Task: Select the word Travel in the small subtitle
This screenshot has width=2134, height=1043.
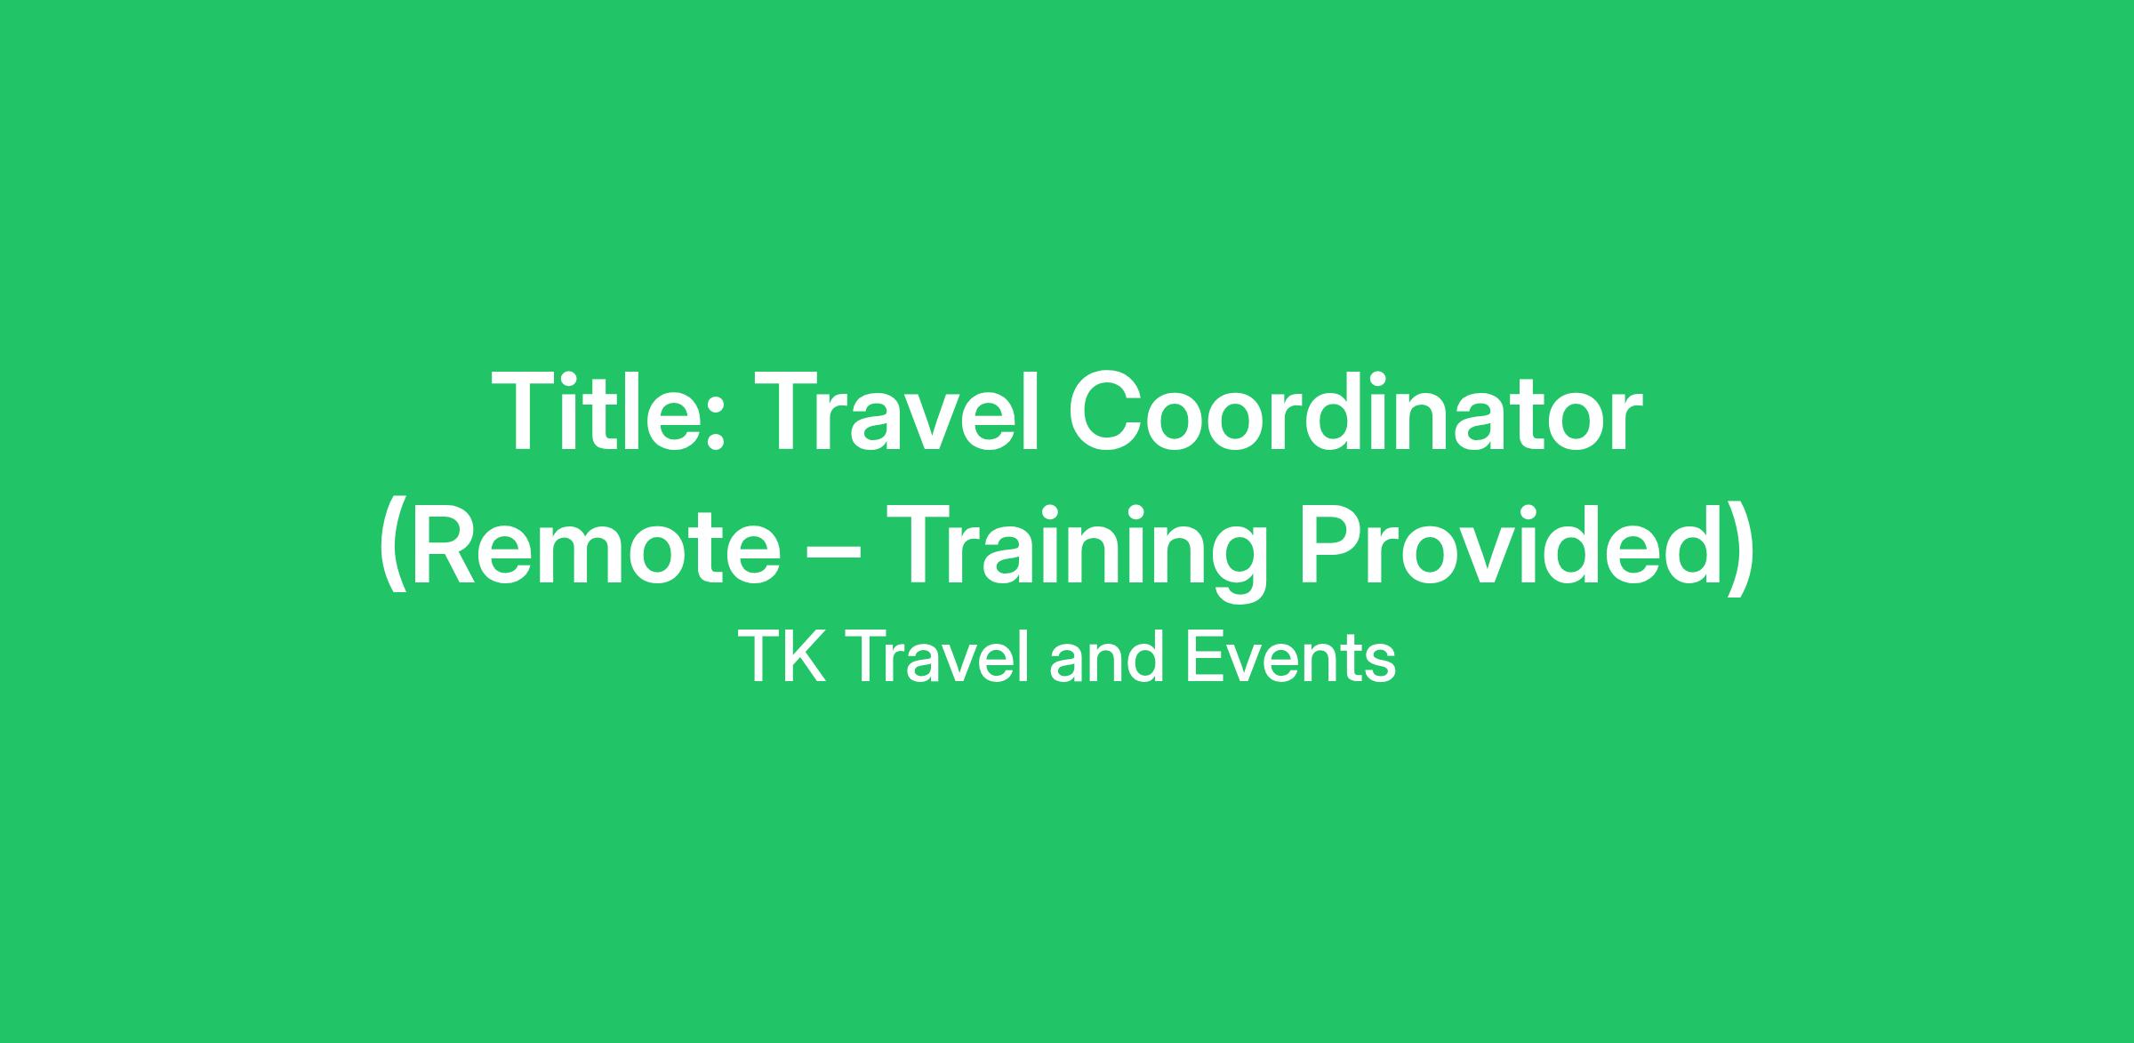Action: pos(941,658)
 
